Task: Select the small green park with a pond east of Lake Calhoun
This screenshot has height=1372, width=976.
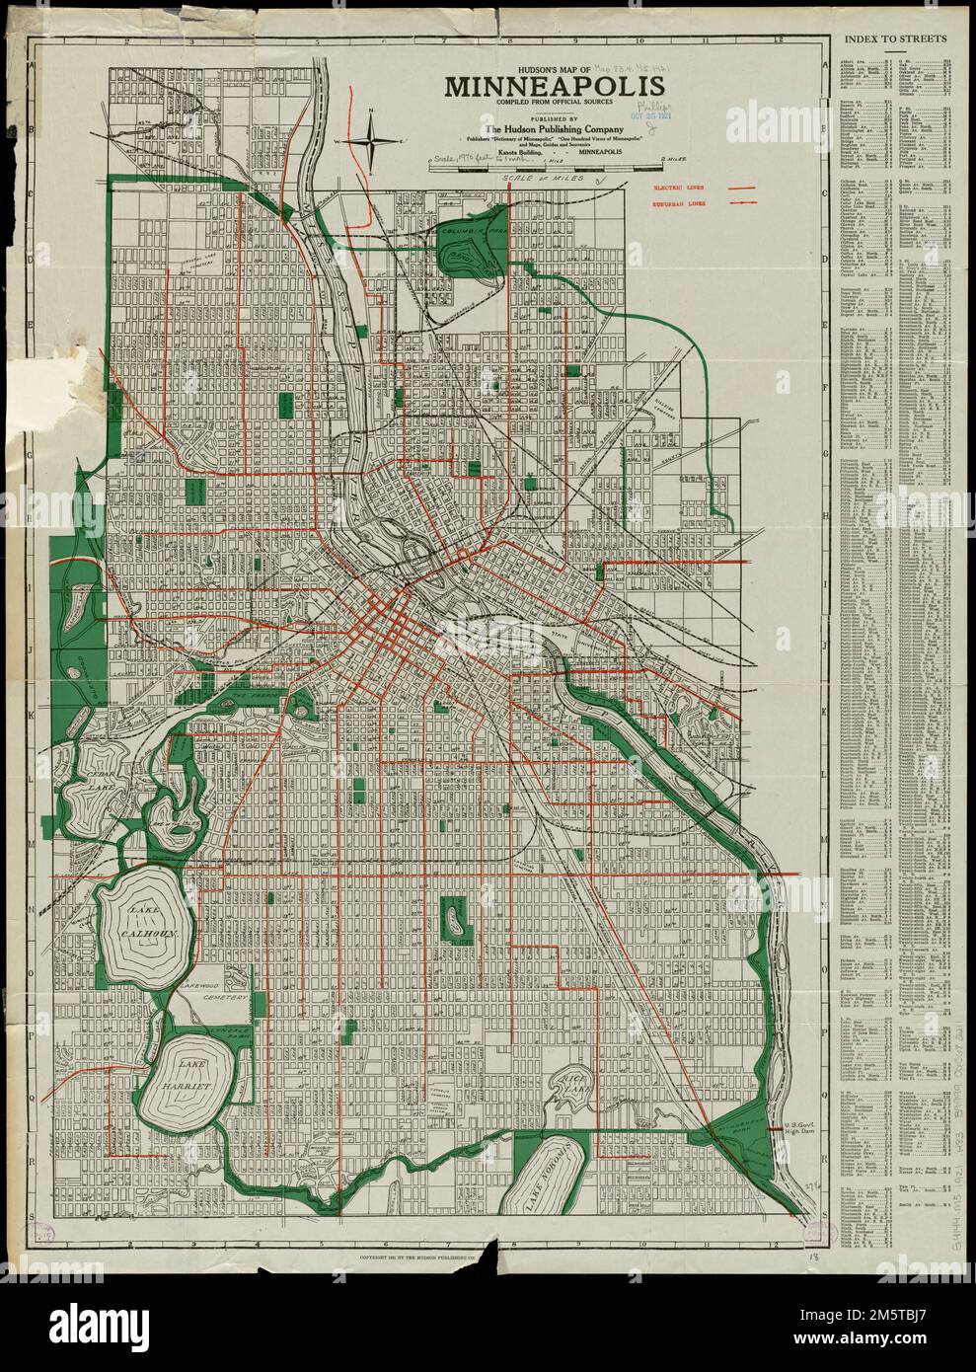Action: coord(454,916)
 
